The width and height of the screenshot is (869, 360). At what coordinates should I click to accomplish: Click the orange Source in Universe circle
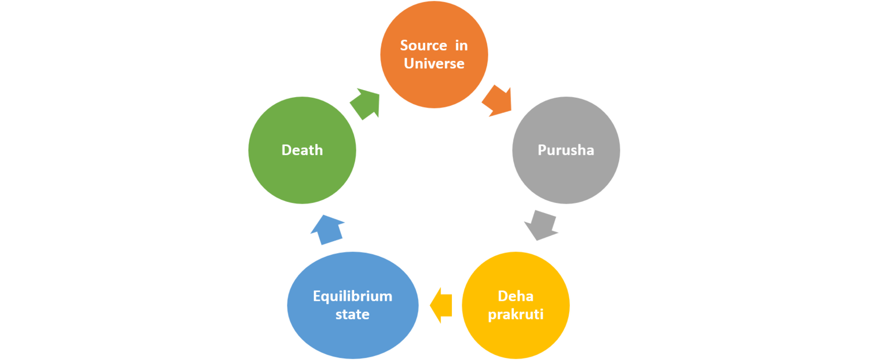(434, 81)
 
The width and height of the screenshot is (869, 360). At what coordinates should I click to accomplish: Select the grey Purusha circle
(566, 174)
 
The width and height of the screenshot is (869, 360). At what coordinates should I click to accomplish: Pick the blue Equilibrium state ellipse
(352, 334)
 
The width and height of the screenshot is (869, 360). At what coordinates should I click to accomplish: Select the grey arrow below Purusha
(541, 224)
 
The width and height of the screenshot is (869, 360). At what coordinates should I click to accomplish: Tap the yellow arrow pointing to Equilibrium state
(442, 305)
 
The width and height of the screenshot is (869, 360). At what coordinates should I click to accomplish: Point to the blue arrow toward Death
(328, 229)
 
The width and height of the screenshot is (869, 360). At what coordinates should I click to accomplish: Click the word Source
(423, 46)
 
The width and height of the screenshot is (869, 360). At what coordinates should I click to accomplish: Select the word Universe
(434, 64)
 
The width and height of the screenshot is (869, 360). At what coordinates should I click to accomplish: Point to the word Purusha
(566, 150)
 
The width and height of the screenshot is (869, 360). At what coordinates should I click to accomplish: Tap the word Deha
(515, 296)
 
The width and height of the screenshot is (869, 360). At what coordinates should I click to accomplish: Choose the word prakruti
(515, 314)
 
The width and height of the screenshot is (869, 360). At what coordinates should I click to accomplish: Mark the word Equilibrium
(352, 296)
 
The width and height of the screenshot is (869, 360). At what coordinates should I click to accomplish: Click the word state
(352, 314)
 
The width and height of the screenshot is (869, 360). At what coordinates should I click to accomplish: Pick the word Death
(302, 150)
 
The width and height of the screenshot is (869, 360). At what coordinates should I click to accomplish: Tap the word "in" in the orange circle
(461, 46)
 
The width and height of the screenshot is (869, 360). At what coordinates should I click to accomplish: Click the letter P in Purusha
(541, 150)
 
